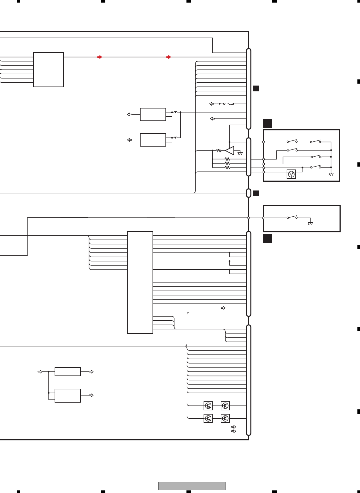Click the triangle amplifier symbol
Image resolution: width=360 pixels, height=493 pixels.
[229, 150]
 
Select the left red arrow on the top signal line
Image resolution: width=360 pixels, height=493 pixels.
[100, 57]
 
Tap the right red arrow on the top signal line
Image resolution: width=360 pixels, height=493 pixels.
[168, 57]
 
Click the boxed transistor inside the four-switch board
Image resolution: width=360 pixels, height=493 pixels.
[291, 174]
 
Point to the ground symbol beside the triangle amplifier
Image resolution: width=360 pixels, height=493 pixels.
[240, 153]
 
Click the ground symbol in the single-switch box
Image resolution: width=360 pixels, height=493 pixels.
[310, 223]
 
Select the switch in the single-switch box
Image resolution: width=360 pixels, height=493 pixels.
[292, 217]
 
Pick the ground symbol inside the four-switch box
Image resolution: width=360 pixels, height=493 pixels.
[331, 174]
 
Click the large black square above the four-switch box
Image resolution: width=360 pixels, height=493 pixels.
[267, 123]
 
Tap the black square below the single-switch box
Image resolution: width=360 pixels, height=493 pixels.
[267, 239]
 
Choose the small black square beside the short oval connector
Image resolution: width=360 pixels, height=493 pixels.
[256, 193]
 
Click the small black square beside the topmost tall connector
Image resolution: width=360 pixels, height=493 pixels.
[256, 88]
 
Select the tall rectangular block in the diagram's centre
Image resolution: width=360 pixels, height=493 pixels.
[140, 282]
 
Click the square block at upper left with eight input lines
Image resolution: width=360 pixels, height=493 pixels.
[48, 70]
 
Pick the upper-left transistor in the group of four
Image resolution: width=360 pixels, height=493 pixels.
[208, 406]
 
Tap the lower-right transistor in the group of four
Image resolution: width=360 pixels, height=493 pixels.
[225, 418]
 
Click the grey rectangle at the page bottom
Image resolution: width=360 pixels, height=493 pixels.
[192, 486]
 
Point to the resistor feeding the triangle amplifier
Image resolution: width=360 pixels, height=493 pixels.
[219, 150]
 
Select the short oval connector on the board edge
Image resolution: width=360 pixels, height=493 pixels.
[249, 193]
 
